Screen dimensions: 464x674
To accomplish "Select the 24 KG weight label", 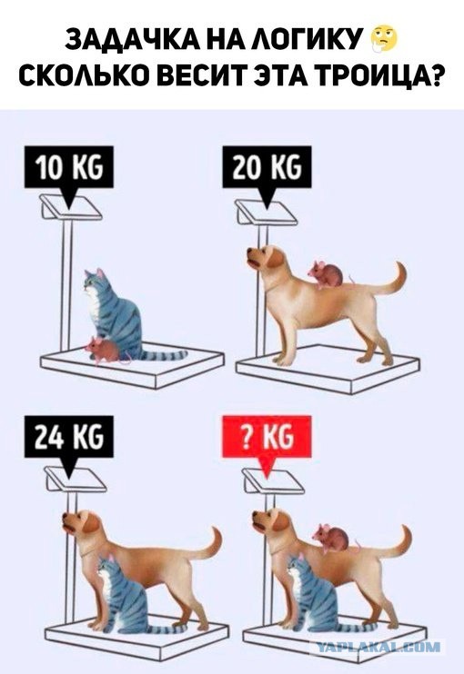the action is (x=69, y=437).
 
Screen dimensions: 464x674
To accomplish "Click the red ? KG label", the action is (x=267, y=437).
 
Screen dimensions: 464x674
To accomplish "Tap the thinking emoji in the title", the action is (x=384, y=40).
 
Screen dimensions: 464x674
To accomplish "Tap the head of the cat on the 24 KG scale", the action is (x=107, y=569).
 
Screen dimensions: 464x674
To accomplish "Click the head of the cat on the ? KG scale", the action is (x=297, y=568).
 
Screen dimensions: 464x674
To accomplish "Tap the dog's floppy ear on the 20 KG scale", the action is (x=276, y=257).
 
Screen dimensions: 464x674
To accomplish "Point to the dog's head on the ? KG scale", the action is (x=270, y=522).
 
